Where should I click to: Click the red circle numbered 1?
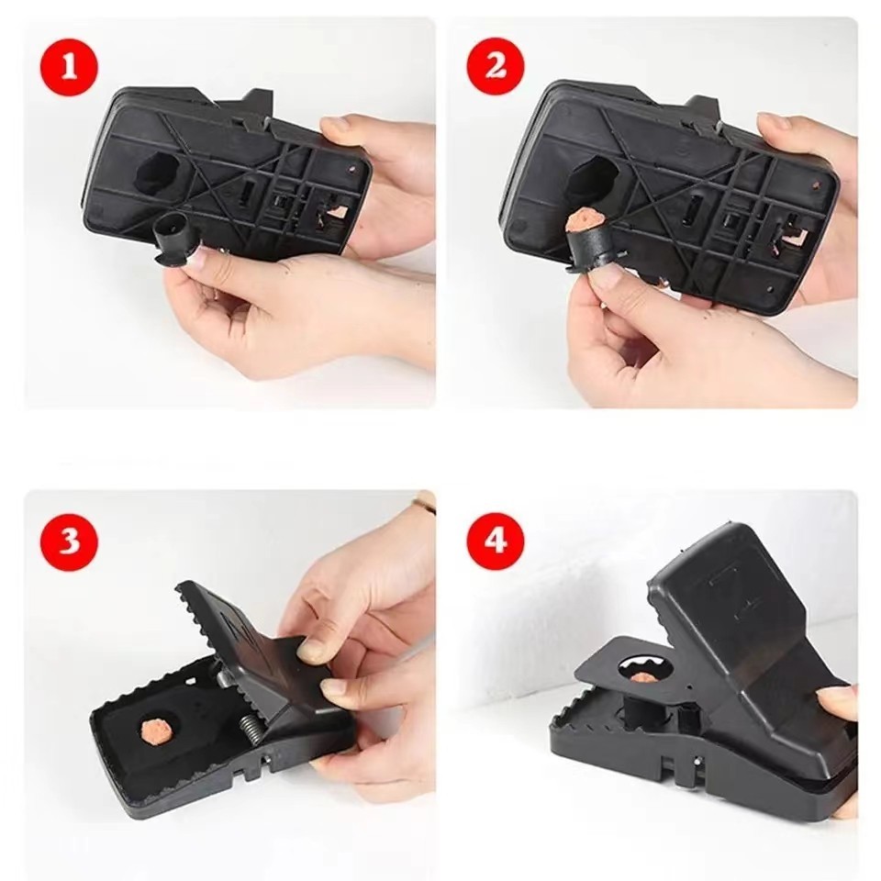pos(69,67)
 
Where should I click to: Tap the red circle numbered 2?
pos(496,66)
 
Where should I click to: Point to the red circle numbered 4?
pos(496,542)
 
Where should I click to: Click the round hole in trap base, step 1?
pos(160,173)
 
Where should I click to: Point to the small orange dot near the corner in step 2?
pos(815,184)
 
